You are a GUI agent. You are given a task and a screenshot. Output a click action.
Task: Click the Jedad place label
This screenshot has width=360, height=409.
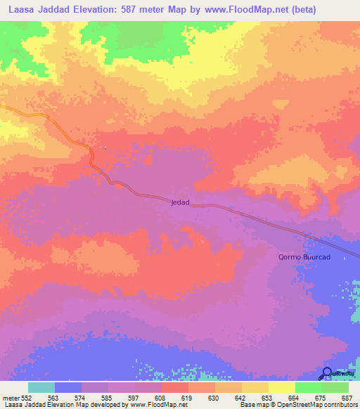pyautogui.click(x=180, y=202)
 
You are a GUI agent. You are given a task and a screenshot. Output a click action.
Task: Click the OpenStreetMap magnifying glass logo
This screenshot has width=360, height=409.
pyautogui.click(x=327, y=373)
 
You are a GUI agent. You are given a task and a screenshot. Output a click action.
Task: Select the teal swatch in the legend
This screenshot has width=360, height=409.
pyautogui.click(x=41, y=387)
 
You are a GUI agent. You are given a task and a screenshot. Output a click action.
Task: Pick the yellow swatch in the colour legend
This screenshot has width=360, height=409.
pyautogui.click(x=282, y=387)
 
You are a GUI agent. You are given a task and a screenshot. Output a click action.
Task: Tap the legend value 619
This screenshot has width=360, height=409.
pyautogui.click(x=187, y=398)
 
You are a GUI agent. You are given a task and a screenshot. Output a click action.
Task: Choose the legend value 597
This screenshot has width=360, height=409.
pyautogui.click(x=134, y=398)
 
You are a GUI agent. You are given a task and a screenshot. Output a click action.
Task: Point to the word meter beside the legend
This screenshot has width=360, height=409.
pyautogui.click(x=11, y=398)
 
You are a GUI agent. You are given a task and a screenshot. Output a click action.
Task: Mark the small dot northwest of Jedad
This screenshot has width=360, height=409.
pyautogui.click(x=105, y=148)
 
